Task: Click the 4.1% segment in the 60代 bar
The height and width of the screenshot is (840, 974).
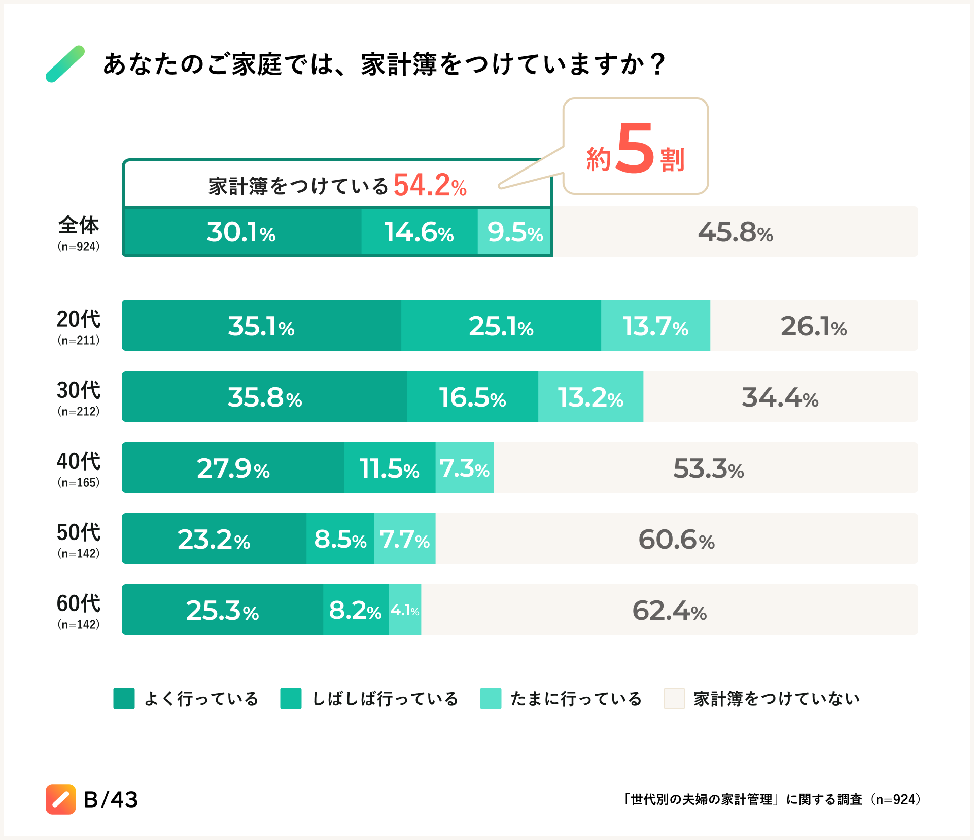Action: [x=405, y=610]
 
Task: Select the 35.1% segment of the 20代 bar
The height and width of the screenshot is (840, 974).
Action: [x=261, y=326]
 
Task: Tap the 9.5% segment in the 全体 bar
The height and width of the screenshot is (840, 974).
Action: [x=514, y=232]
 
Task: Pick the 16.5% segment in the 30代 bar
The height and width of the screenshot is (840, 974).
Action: [x=472, y=397]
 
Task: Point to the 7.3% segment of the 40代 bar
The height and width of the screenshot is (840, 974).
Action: [x=464, y=468]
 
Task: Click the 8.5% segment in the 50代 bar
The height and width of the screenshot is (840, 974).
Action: [x=340, y=539]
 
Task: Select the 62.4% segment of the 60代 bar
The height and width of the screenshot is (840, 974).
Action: [x=669, y=610]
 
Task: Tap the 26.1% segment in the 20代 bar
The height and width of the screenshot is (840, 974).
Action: [x=814, y=326]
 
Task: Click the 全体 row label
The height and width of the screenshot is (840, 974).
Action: [x=79, y=225]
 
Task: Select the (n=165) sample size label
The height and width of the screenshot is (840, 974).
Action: [x=79, y=483]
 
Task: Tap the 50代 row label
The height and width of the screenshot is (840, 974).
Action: [x=79, y=532]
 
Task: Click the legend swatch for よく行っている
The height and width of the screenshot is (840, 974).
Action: [x=124, y=698]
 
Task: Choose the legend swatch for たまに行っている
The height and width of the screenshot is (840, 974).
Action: [x=491, y=698]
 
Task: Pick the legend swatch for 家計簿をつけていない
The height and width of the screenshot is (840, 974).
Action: [x=674, y=698]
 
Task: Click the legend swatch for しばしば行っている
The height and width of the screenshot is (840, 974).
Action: [x=291, y=698]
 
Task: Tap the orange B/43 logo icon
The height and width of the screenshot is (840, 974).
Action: [x=61, y=799]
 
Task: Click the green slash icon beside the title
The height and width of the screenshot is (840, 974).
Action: [x=65, y=64]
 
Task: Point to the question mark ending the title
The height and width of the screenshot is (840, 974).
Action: [x=657, y=64]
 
